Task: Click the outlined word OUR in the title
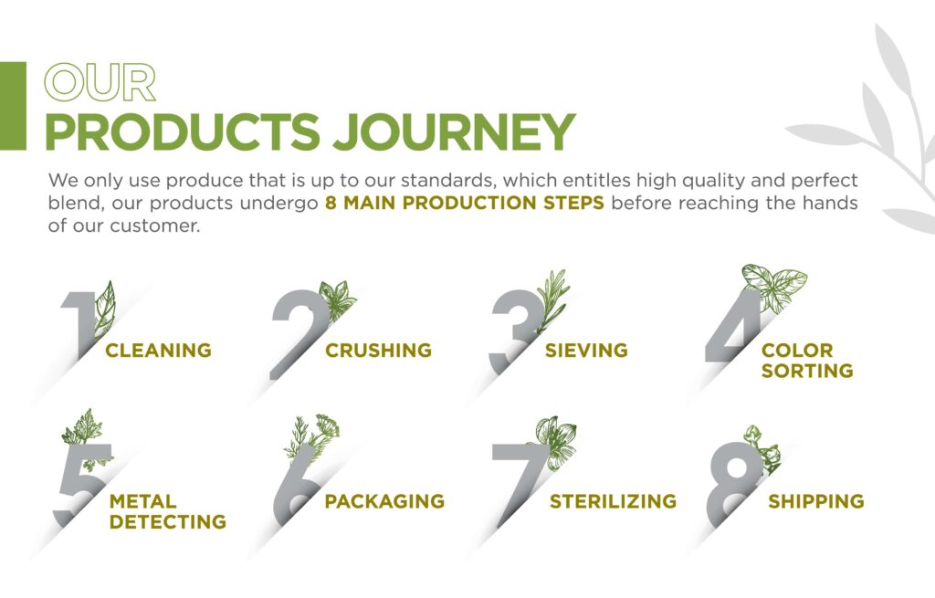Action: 100,82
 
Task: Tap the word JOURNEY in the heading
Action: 454,131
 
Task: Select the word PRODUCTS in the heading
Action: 183,131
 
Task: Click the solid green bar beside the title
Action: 13,106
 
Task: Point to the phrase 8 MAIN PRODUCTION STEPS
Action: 465,203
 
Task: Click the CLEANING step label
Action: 158,350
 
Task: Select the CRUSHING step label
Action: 378,350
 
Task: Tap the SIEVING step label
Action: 586,350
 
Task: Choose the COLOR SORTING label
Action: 807,360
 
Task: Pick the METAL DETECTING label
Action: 168,511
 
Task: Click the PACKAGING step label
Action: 384,501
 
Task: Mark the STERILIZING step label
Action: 613,501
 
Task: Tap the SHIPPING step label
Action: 815,501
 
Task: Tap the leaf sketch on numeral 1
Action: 104,310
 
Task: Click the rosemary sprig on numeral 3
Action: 552,299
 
